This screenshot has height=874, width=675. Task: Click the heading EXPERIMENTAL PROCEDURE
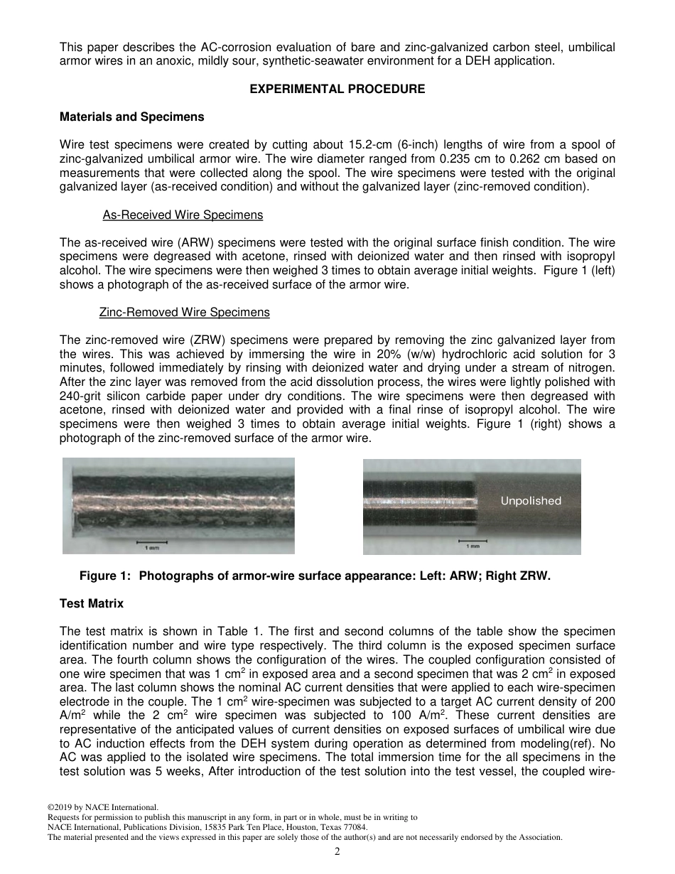(x=337, y=89)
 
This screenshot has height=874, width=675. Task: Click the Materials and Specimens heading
(x=131, y=117)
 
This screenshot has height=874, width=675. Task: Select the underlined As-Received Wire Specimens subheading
(x=183, y=215)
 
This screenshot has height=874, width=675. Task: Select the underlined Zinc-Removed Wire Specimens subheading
(x=185, y=312)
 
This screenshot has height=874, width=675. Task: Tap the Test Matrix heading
(x=92, y=603)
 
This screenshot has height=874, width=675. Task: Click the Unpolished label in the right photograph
(x=530, y=501)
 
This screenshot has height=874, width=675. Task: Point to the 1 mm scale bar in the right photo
(x=472, y=543)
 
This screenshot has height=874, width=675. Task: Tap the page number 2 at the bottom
(x=337, y=851)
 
